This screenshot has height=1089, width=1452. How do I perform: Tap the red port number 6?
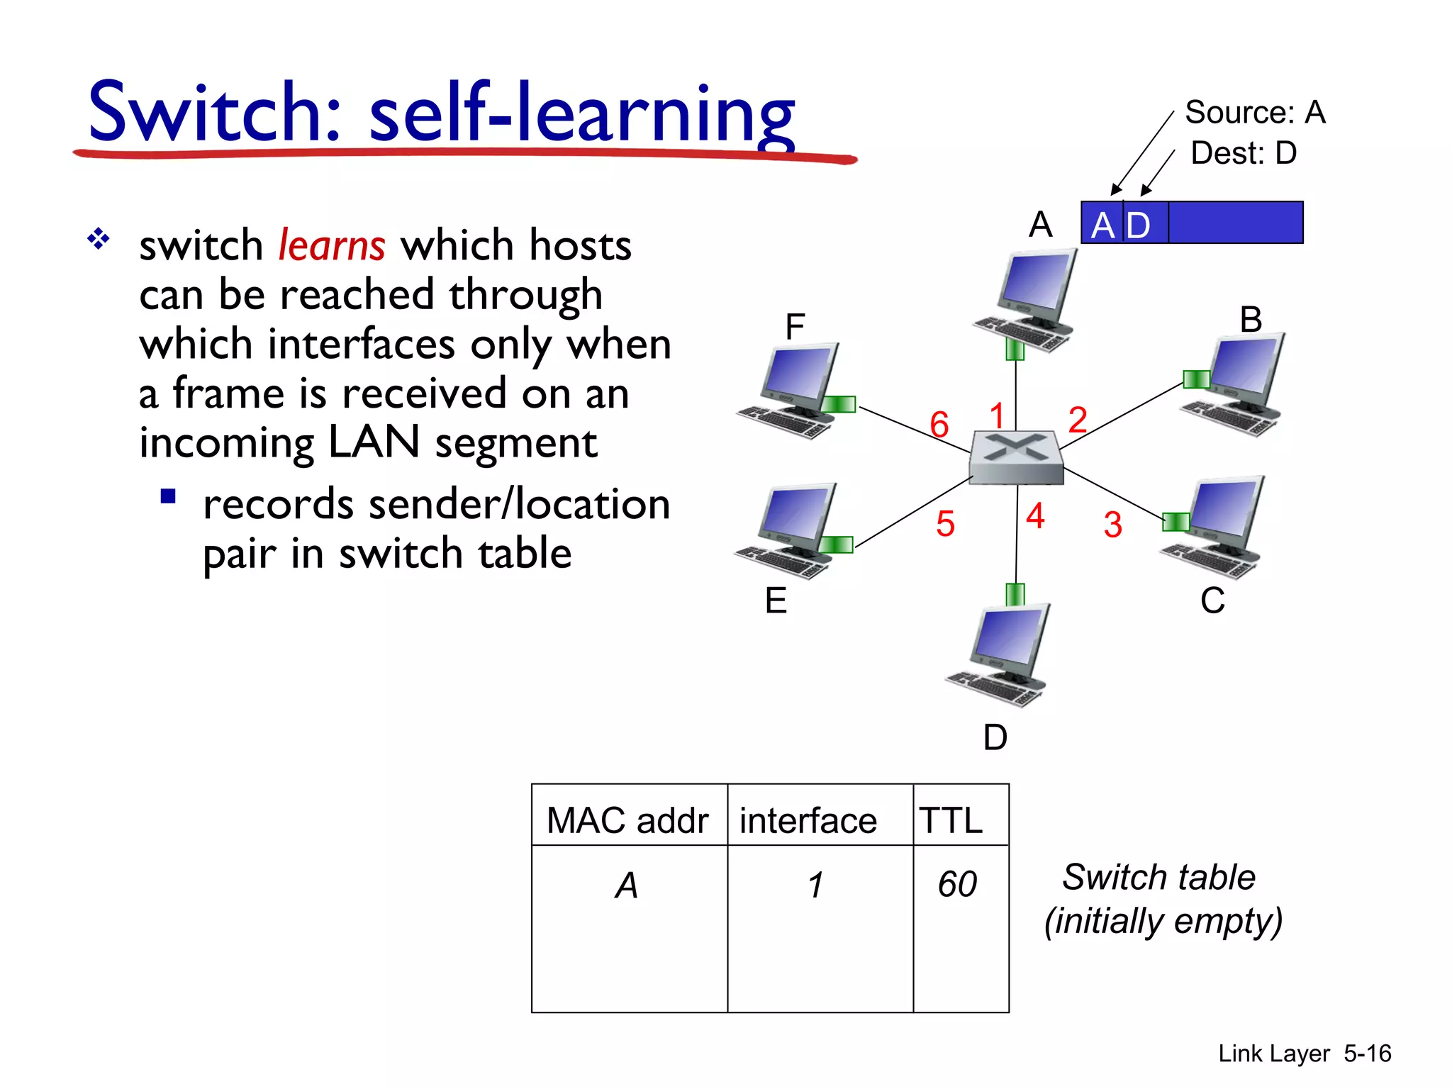939,425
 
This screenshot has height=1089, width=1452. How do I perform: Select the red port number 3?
1112,525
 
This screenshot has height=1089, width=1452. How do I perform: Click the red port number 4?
1035,515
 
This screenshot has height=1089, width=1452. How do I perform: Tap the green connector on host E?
838,544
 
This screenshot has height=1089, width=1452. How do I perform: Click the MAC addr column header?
627,821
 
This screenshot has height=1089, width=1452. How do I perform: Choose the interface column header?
808,821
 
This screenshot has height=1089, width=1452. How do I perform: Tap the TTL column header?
951,821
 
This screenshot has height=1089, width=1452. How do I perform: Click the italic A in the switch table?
627,886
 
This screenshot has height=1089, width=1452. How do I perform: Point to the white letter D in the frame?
1138,226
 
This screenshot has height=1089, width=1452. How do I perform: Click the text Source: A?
1254,112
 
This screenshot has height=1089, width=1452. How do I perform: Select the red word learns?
331,245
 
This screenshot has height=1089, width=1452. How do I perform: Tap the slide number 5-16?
1367,1054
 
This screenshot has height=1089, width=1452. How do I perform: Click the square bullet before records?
168,496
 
